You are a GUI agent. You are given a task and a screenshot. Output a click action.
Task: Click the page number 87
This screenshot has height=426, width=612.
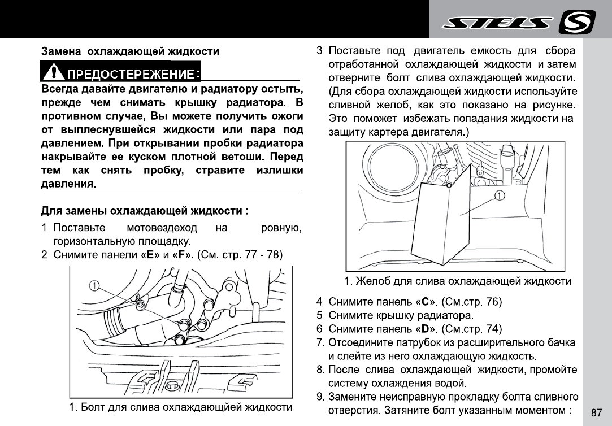(596, 412)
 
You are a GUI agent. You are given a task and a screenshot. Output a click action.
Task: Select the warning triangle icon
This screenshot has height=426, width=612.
(53, 72)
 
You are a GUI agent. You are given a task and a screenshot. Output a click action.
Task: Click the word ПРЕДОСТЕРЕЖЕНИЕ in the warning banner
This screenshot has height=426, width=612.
(131, 74)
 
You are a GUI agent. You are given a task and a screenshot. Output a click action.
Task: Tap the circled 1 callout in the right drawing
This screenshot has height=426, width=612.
(500, 195)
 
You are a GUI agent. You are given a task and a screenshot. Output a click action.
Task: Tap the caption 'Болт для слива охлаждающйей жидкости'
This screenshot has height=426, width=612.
(180, 407)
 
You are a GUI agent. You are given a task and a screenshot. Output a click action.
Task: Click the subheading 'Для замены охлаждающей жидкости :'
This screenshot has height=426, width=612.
(145, 211)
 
